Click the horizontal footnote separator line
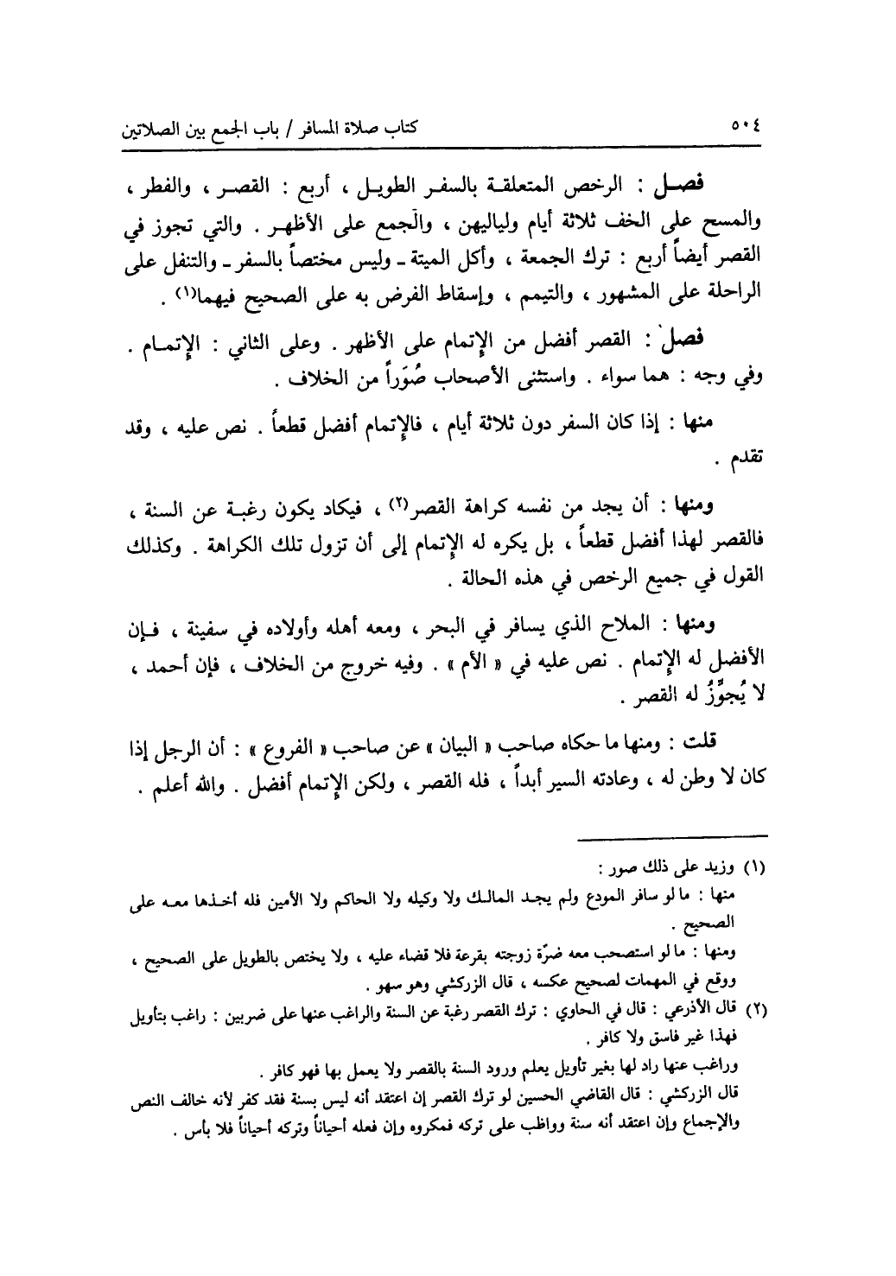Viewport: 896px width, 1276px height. click(x=672, y=835)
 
